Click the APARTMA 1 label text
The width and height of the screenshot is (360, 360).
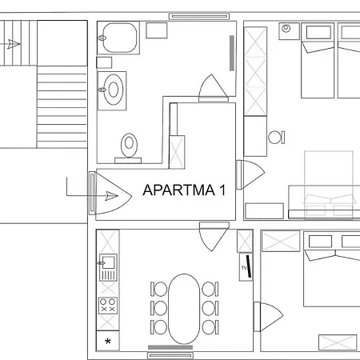[184, 190]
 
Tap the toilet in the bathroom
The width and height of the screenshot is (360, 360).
[128, 146]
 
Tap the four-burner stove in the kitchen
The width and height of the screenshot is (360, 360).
[107, 304]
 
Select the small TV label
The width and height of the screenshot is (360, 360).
[243, 267]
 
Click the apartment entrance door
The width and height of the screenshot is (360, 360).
[106, 194]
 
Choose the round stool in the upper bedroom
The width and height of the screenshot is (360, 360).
[275, 137]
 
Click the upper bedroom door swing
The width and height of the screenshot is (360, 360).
[249, 172]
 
